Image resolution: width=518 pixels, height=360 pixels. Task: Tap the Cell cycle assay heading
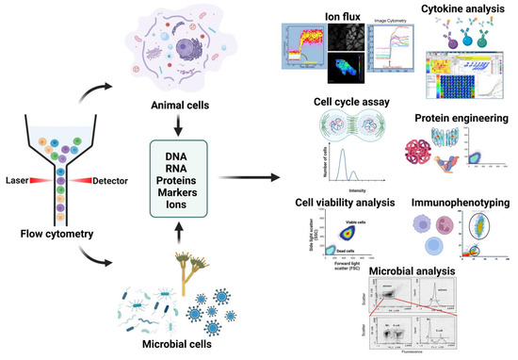click(x=339, y=105)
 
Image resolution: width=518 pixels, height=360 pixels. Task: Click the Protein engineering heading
click(x=458, y=119)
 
